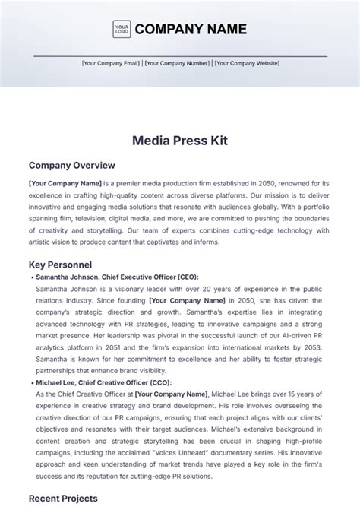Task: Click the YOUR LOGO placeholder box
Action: pyautogui.click(x=122, y=30)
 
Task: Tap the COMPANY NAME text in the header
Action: pyautogui.click(x=191, y=30)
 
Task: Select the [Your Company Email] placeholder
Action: pyautogui.click(x=112, y=64)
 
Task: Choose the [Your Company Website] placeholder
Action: pyautogui.click(x=247, y=64)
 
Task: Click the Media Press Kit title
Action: pyautogui.click(x=180, y=141)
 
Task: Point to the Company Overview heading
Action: pyautogui.click(x=71, y=165)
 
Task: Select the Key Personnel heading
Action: pyautogui.click(x=60, y=265)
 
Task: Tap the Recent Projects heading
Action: pyautogui.click(x=63, y=499)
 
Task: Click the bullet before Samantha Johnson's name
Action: pyautogui.click(x=31, y=277)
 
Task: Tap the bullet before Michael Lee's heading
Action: pyautogui.click(x=31, y=383)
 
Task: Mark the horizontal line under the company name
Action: pyautogui.click(x=180, y=55)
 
